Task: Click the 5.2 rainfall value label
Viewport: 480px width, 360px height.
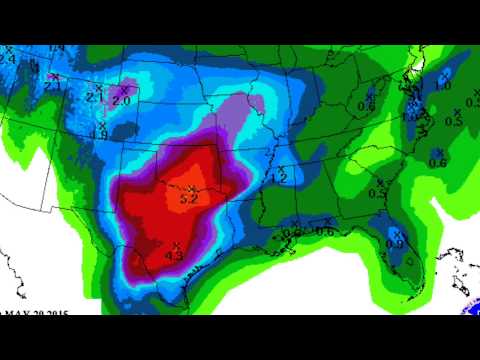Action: (x=188, y=199)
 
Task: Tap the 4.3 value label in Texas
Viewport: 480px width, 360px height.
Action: (x=173, y=255)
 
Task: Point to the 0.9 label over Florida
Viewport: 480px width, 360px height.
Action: (x=394, y=243)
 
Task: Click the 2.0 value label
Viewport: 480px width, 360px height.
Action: (x=122, y=102)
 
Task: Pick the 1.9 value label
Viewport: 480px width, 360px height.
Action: (x=99, y=135)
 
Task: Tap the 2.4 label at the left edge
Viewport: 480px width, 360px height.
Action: (x=8, y=59)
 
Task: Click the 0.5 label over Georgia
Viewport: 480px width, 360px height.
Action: (x=377, y=193)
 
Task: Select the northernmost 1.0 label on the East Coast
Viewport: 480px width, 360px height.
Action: (x=443, y=86)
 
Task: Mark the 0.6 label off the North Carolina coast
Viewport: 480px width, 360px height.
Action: (x=437, y=162)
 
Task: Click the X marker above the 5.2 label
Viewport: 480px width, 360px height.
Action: (x=187, y=187)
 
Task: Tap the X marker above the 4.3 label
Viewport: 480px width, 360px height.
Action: (x=176, y=244)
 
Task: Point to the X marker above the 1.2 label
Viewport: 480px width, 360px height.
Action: (x=279, y=166)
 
